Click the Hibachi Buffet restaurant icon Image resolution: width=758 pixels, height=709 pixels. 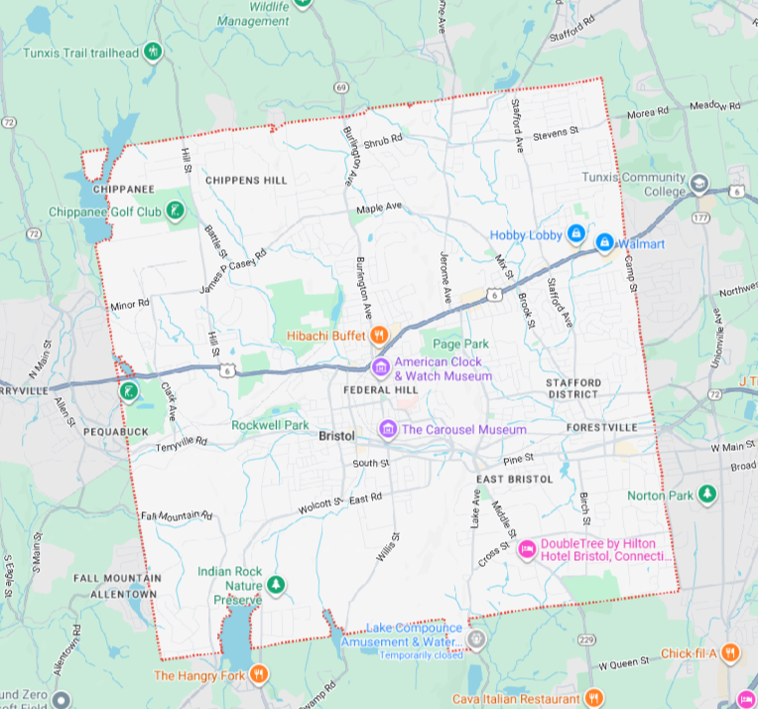(x=379, y=336)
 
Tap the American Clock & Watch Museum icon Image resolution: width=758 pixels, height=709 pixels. (x=380, y=368)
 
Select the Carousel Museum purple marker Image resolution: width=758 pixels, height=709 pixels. (x=388, y=429)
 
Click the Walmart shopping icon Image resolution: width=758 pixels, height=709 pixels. (x=603, y=242)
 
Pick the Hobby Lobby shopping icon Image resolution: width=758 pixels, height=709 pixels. (x=574, y=234)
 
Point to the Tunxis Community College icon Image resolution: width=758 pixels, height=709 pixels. (x=699, y=184)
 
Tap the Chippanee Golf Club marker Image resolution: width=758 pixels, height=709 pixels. (x=175, y=211)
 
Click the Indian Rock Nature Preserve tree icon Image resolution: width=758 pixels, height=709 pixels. (x=277, y=584)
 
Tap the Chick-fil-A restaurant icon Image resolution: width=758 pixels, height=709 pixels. (x=730, y=652)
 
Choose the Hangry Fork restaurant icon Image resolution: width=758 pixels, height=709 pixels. (x=259, y=675)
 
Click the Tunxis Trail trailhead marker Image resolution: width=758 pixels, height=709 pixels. (x=152, y=51)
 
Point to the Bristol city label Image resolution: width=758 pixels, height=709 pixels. (x=337, y=436)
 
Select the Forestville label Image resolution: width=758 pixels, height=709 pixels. (x=603, y=428)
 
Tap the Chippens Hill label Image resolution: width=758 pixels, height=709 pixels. (x=246, y=180)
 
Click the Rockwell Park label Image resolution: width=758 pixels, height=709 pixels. (x=271, y=424)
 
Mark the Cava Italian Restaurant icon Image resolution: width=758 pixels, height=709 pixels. (x=593, y=698)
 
